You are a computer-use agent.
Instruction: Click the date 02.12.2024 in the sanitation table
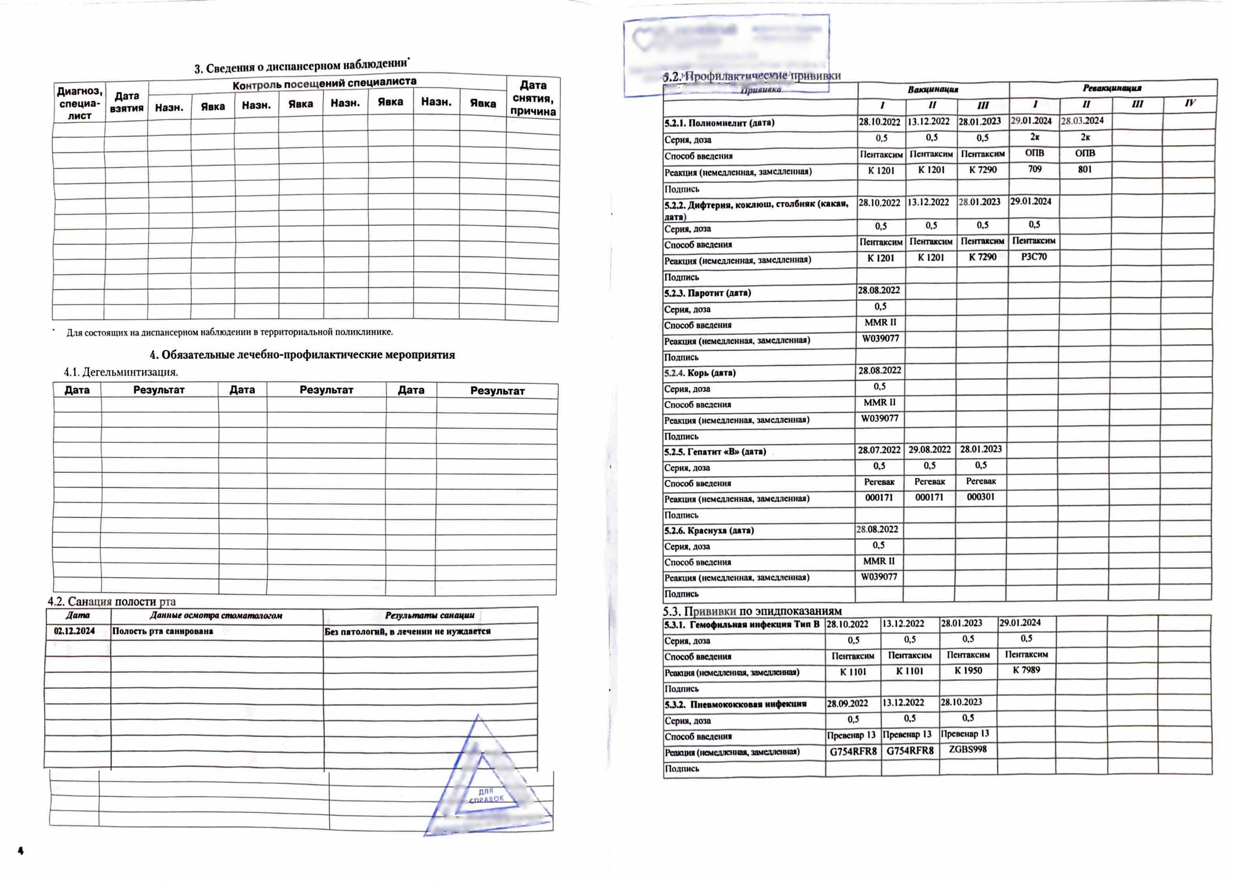74,631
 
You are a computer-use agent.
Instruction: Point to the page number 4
21,850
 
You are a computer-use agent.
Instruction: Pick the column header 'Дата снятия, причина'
533,98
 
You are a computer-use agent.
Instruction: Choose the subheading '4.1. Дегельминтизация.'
121,372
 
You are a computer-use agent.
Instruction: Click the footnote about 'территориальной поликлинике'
229,332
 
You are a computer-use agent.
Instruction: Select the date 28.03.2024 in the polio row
1082,121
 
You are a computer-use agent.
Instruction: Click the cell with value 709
1035,169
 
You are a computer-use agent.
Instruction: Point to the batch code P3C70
1034,256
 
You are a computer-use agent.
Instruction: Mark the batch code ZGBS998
967,749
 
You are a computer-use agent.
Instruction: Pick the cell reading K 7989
1026,670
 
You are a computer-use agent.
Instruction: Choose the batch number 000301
980,497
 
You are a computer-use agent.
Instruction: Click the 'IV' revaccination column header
1190,103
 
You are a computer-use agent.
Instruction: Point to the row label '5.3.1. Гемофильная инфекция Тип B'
741,625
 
